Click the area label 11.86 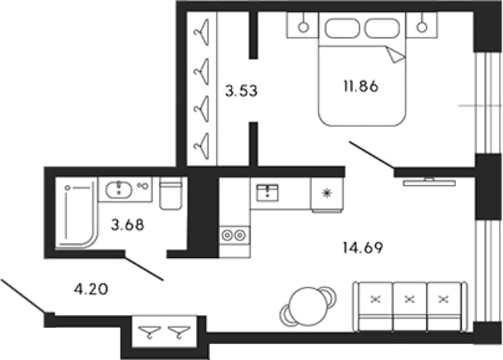click(361, 86)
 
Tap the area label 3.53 click(241, 91)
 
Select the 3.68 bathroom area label click(127, 225)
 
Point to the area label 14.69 click(363, 247)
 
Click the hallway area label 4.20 click(91, 290)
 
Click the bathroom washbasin click(119, 189)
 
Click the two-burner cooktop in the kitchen click(234, 236)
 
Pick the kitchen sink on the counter click(267, 193)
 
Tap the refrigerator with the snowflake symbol click(327, 194)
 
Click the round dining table click(308, 306)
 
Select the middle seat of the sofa click(410, 306)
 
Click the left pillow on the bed click(342, 29)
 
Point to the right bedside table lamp click(422, 27)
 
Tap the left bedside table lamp click(303, 27)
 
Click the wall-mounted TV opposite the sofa click(429, 182)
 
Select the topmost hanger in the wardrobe click(201, 32)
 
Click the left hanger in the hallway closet click(149, 331)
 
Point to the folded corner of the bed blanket click(395, 56)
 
